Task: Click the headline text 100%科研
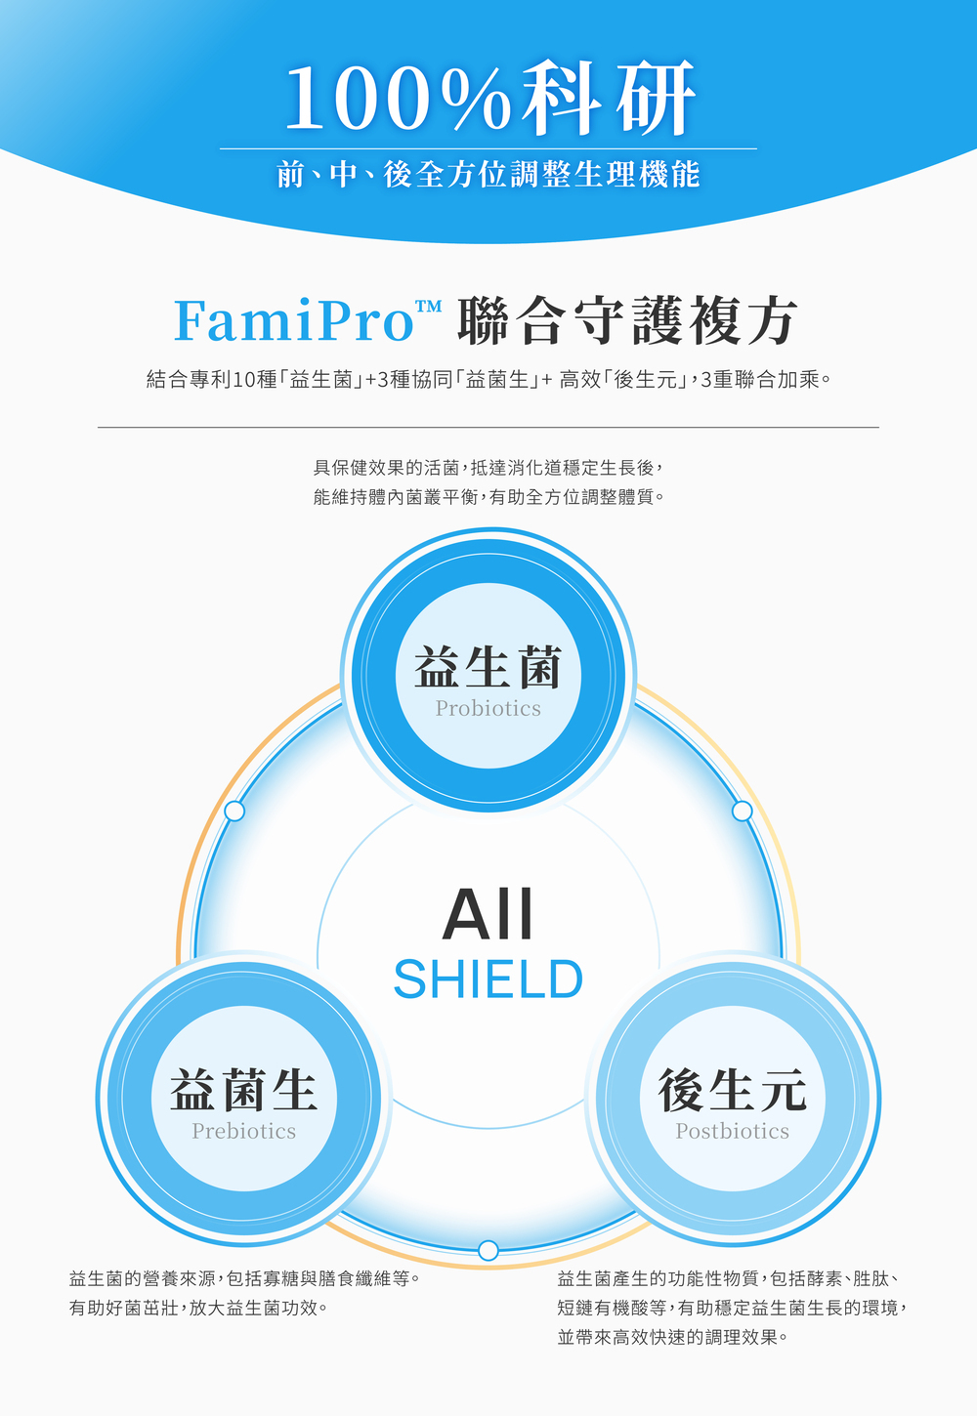(488, 98)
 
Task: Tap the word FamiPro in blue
(294, 320)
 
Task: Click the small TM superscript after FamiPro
(428, 307)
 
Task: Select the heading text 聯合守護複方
(627, 320)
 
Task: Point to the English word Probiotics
(488, 708)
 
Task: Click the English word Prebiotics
(243, 1131)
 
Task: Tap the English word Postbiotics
(732, 1131)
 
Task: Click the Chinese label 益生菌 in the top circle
(488, 667)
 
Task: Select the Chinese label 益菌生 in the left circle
(243, 1089)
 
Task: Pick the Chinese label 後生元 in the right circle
(732, 1089)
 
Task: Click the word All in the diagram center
(488, 915)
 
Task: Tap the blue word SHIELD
(488, 979)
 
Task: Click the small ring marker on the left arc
(234, 811)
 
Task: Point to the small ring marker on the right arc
(742, 811)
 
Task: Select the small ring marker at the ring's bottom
(488, 1250)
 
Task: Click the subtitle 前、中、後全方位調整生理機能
(488, 175)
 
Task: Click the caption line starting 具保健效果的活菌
(488, 468)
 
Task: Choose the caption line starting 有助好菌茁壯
(198, 1308)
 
